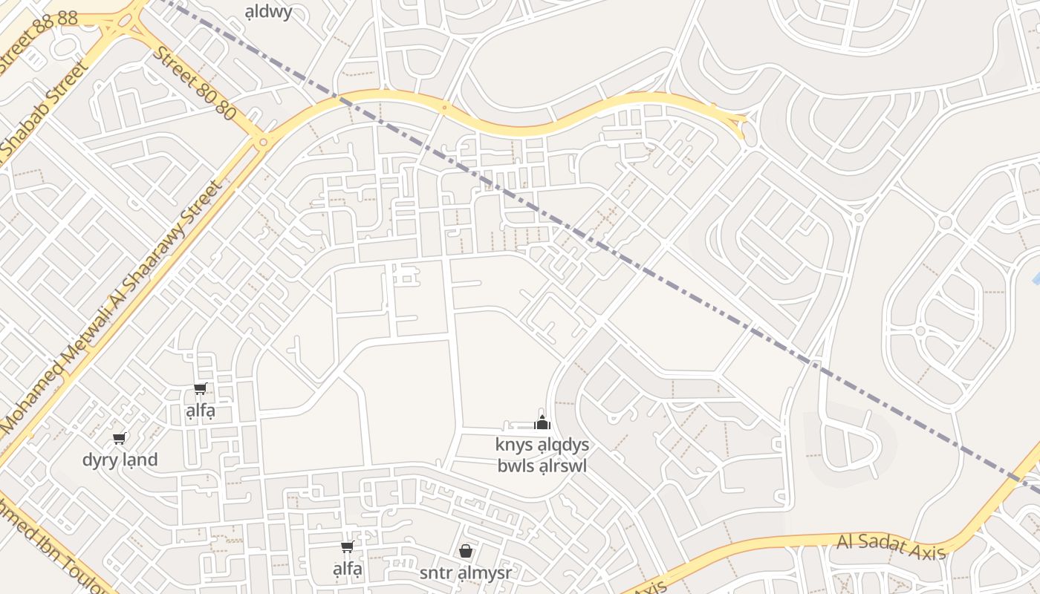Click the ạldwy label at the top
(268, 11)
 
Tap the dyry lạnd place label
(120, 460)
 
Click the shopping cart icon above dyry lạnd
(119, 438)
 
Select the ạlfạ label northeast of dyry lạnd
(200, 411)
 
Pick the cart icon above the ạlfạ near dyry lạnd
(200, 388)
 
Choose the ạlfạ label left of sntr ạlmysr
(347, 569)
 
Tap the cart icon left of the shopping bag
(347, 547)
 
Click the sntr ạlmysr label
(466, 572)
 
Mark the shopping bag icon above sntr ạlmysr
(466, 551)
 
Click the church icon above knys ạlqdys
(543, 423)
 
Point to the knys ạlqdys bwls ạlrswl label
(542, 455)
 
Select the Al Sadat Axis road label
(891, 546)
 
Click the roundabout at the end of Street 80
(261, 141)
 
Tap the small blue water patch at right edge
(1036, 278)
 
